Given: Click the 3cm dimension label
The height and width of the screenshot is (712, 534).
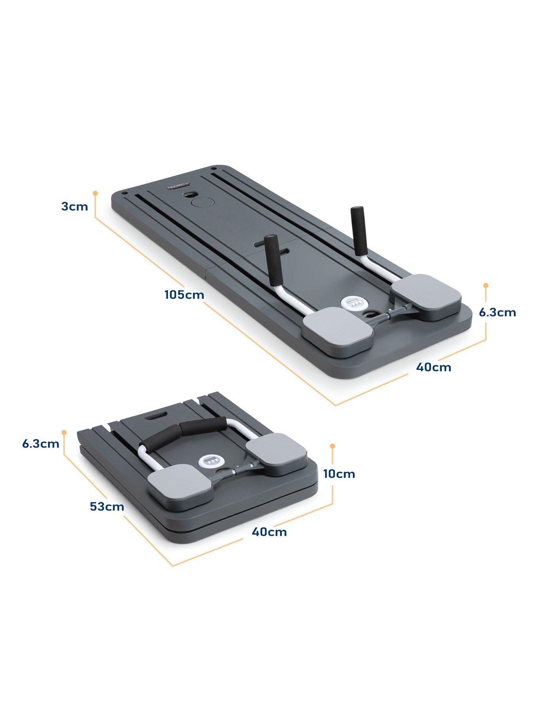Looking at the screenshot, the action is [75, 206].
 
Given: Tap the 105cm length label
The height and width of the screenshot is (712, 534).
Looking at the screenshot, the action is [184, 295].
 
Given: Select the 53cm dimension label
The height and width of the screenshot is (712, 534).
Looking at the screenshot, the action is [107, 506].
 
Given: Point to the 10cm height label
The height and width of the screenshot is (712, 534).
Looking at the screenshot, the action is [339, 473].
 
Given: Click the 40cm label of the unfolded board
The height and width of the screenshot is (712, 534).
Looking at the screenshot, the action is [434, 367].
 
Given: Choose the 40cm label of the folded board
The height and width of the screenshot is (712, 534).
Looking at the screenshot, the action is [269, 532].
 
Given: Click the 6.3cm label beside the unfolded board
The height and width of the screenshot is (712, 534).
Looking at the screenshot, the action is [498, 312].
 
